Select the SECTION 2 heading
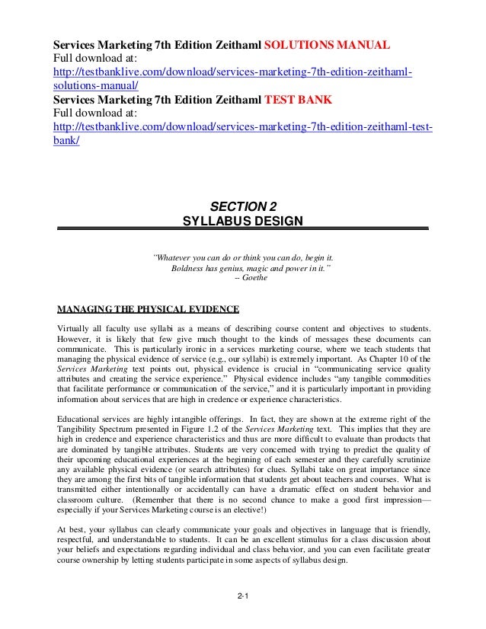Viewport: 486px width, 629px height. [x=243, y=206]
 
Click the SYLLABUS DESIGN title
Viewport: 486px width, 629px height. [x=243, y=222]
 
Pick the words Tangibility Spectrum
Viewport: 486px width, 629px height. [x=96, y=429]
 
